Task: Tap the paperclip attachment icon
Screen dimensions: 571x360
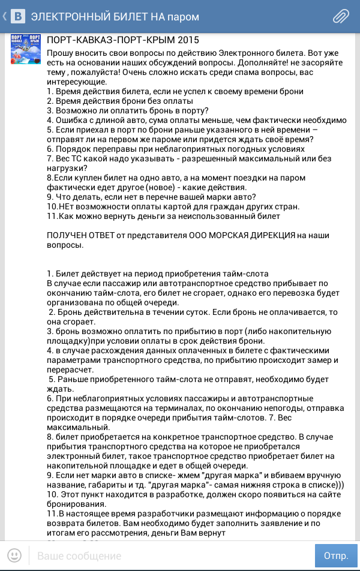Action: pyautogui.click(x=341, y=16)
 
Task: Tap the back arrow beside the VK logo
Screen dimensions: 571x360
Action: pyautogui.click(x=5, y=16)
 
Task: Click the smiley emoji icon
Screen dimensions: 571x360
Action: pyautogui.click(x=14, y=555)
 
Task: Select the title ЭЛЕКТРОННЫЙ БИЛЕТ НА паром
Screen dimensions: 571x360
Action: pyautogui.click(x=115, y=16)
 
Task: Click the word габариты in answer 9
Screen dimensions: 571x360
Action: pyautogui.click(x=106, y=483)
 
